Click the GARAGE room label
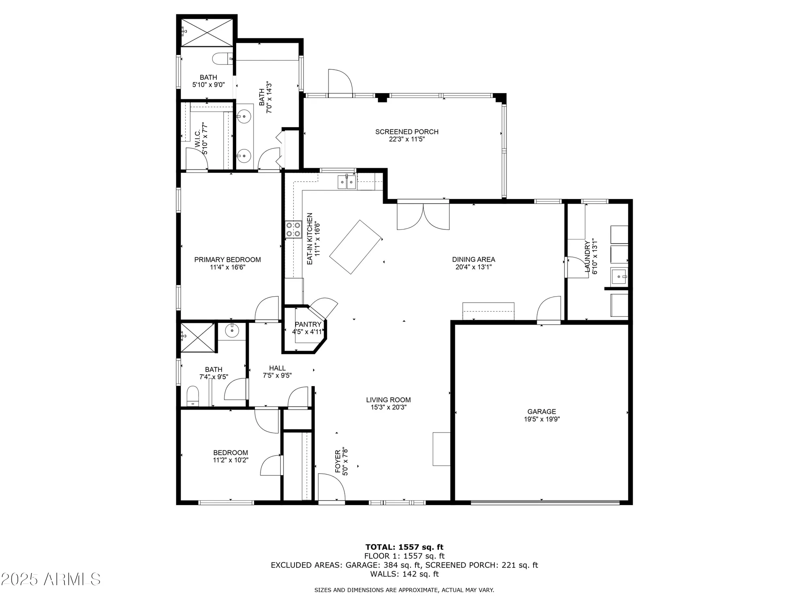(541, 412)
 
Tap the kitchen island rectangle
(356, 247)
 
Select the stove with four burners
(293, 229)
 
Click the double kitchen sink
(347, 182)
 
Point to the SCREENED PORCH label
(407, 132)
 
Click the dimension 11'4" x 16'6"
(227, 267)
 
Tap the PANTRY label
(308, 324)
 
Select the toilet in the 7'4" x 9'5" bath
(193, 396)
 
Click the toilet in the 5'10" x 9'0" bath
(222, 59)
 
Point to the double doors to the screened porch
(423, 216)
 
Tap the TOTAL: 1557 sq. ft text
(404, 548)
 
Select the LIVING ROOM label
(388, 400)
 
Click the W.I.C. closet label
(197, 139)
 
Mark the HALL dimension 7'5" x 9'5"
(277, 375)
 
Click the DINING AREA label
(473, 259)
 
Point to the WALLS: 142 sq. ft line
(404, 574)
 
